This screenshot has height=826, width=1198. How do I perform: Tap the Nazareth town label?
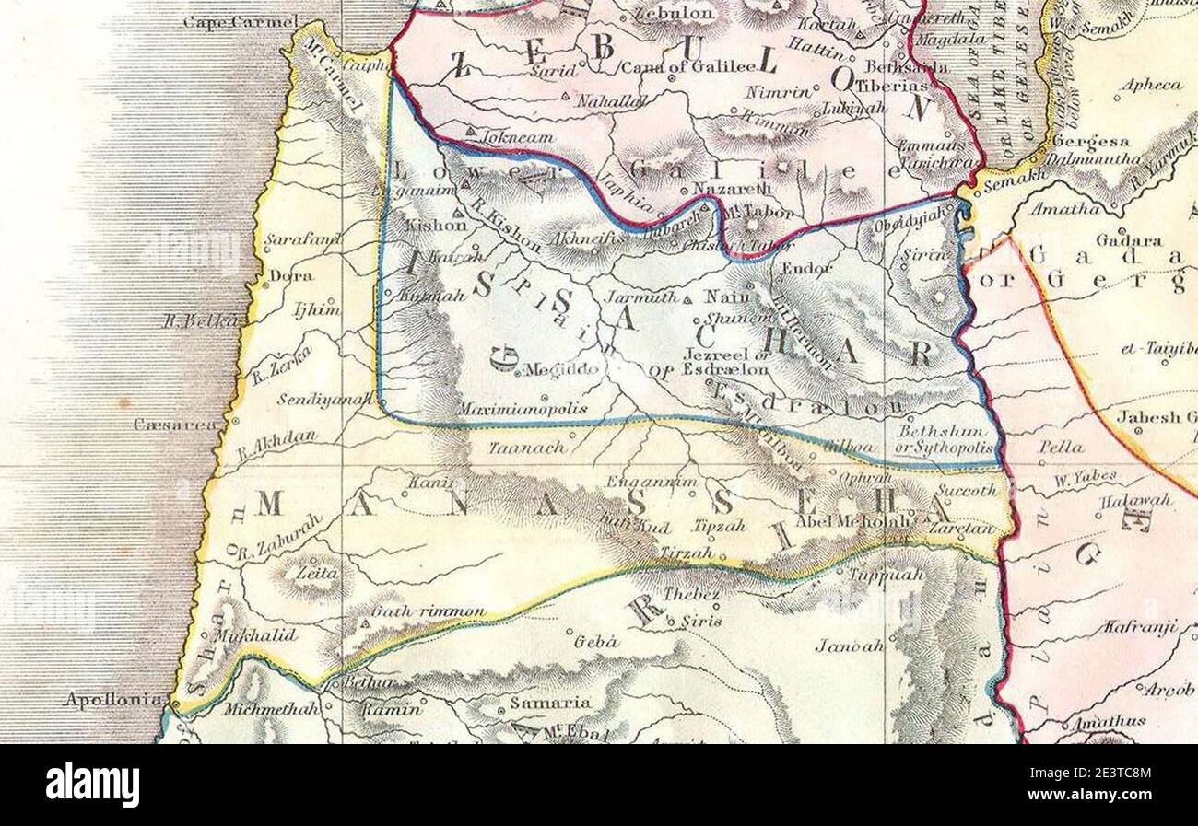[x=724, y=188]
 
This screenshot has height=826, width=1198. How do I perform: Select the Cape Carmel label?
[x=241, y=21]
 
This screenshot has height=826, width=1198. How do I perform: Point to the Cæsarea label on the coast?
[x=176, y=425]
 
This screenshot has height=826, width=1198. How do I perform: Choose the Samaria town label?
[x=550, y=702]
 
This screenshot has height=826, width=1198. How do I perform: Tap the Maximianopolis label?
[x=523, y=409]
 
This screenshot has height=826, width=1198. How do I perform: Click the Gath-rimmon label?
[x=428, y=611]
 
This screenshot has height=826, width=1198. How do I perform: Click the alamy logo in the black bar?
[x=92, y=785]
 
